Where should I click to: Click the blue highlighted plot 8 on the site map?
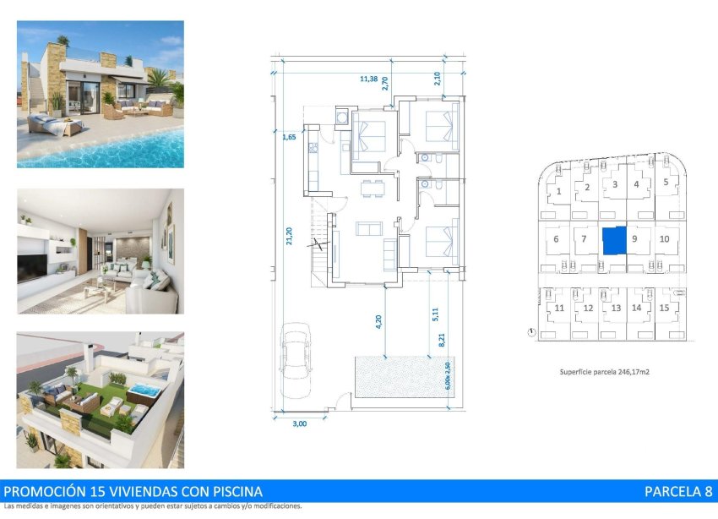[614, 241]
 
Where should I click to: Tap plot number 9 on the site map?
[634, 239]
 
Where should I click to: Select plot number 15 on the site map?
[664, 308]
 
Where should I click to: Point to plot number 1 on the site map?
[559, 192]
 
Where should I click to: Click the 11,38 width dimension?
[368, 79]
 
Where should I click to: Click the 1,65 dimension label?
[289, 136]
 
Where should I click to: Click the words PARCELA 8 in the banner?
[678, 491]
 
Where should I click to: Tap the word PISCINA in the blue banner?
[234, 491]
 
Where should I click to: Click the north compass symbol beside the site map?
[530, 332]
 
